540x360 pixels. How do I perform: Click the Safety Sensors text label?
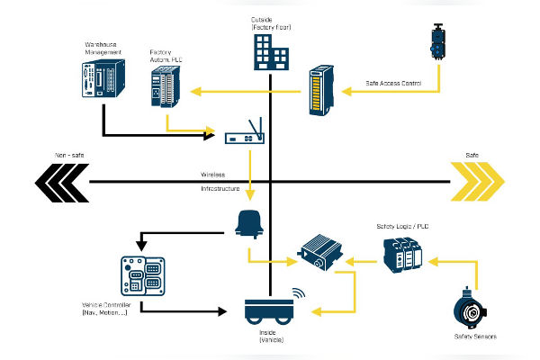pos(475,337)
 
